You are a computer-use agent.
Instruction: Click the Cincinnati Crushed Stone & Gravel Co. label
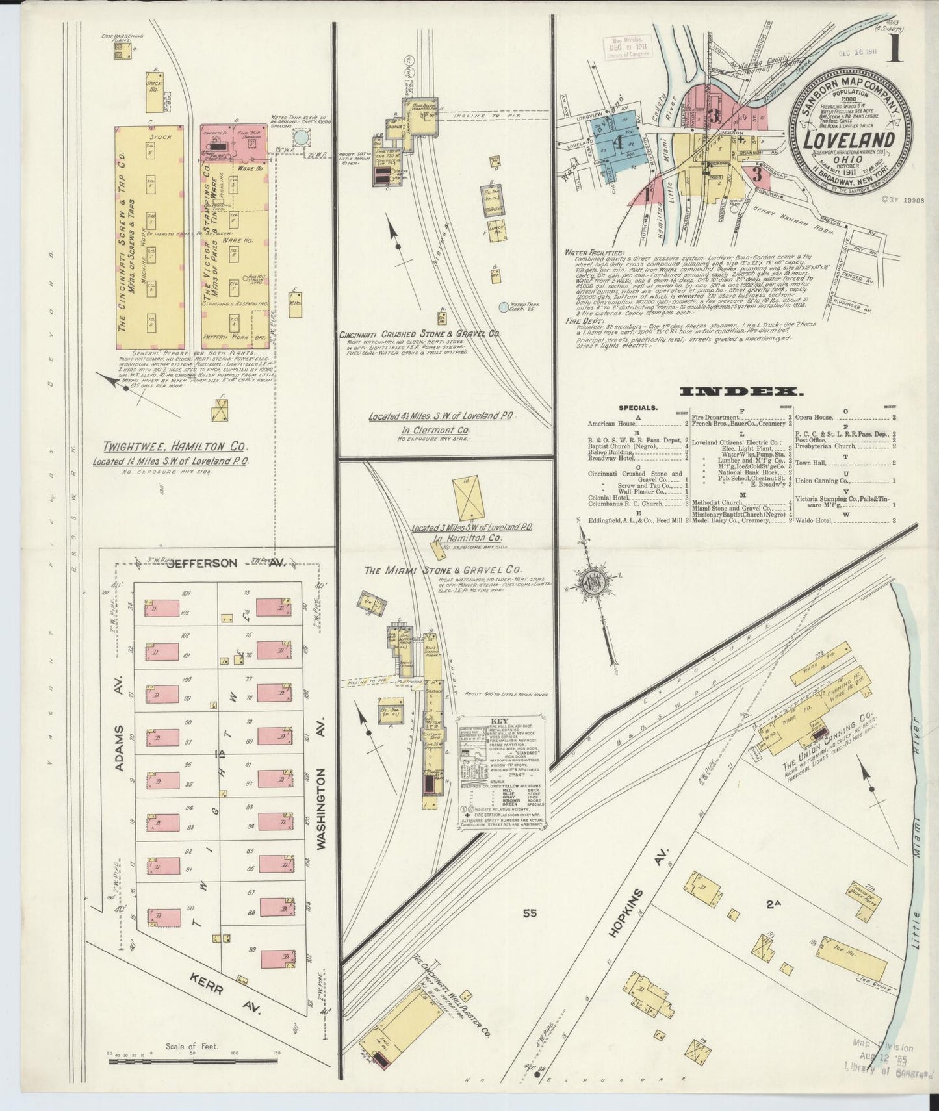[x=419, y=334]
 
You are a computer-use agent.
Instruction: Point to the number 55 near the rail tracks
[x=530, y=913]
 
